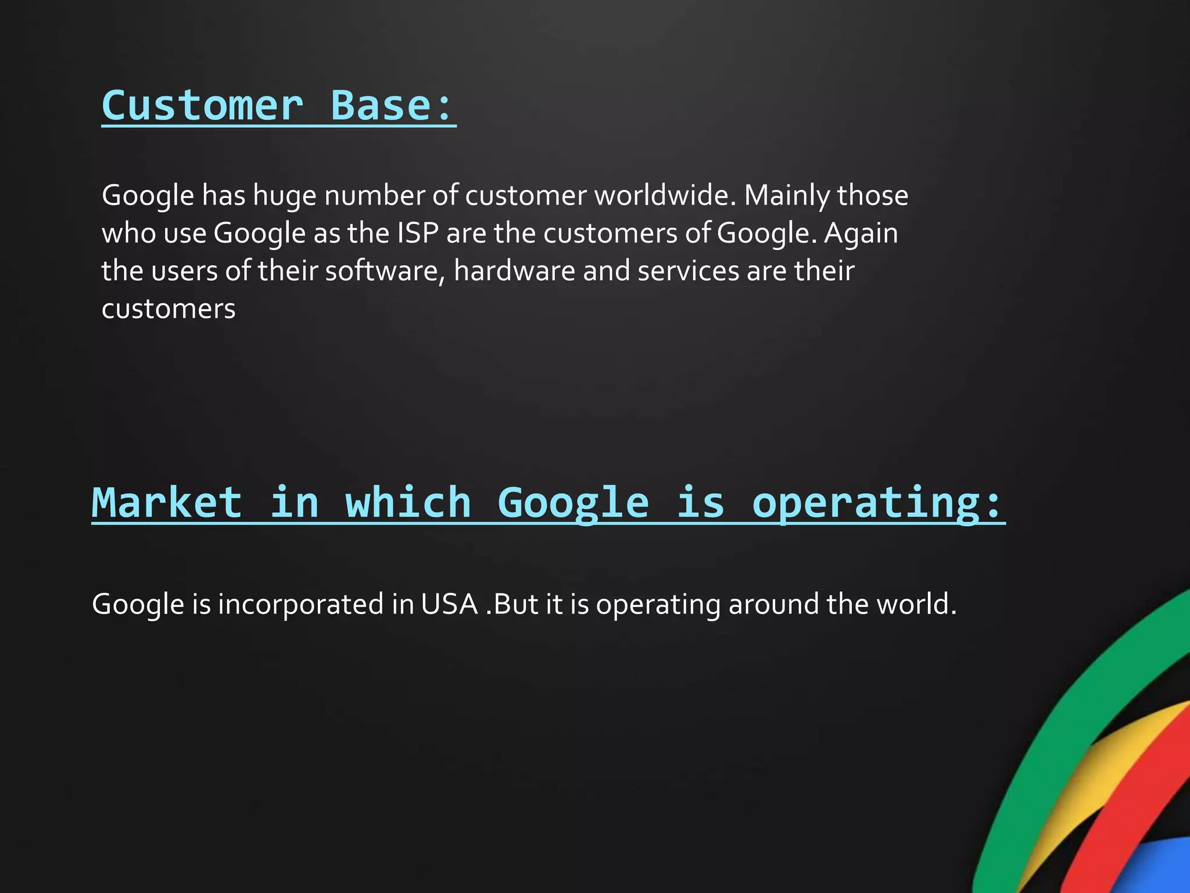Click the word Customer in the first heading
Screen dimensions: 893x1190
click(x=202, y=106)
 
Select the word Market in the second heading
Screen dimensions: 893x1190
click(x=167, y=502)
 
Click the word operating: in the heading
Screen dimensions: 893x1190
click(x=877, y=503)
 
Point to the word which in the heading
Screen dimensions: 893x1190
click(x=408, y=502)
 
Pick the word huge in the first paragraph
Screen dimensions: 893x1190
click(x=284, y=195)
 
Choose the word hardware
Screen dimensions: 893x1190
click(x=514, y=271)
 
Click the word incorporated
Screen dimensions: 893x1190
click(x=300, y=604)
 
